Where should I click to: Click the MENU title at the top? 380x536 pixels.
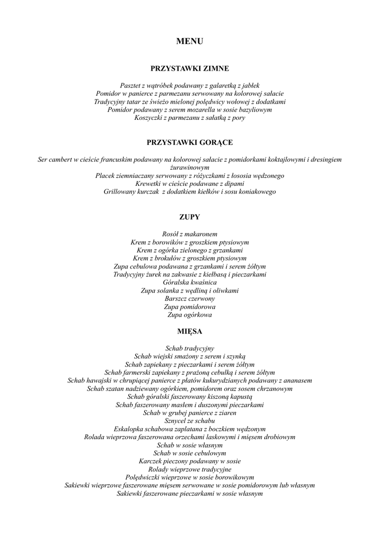click(x=190, y=41)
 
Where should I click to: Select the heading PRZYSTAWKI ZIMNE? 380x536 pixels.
click(x=190, y=68)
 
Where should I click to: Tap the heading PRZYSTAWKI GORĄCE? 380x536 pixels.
click(x=190, y=142)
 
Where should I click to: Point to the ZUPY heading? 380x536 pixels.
click(x=190, y=216)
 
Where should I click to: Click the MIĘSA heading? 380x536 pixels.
click(x=190, y=331)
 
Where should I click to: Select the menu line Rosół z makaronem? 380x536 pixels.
click(x=190, y=233)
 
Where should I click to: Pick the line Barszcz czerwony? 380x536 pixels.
click(x=190, y=298)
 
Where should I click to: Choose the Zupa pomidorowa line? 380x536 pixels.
click(x=190, y=307)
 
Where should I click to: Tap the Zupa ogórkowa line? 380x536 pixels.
click(x=190, y=315)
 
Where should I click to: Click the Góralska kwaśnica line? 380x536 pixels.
click(x=190, y=282)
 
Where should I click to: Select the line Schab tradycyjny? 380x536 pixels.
click(x=190, y=348)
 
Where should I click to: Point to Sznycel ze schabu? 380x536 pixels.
click(x=190, y=421)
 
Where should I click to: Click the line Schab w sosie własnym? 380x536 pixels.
click(x=190, y=444)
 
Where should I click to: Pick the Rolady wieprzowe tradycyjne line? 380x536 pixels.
click(x=190, y=469)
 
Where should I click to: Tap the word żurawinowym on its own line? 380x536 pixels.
click(x=190, y=167)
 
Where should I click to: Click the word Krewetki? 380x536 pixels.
click(x=147, y=184)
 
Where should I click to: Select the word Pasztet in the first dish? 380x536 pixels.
click(x=131, y=85)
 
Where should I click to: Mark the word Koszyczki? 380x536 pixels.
click(x=150, y=118)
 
